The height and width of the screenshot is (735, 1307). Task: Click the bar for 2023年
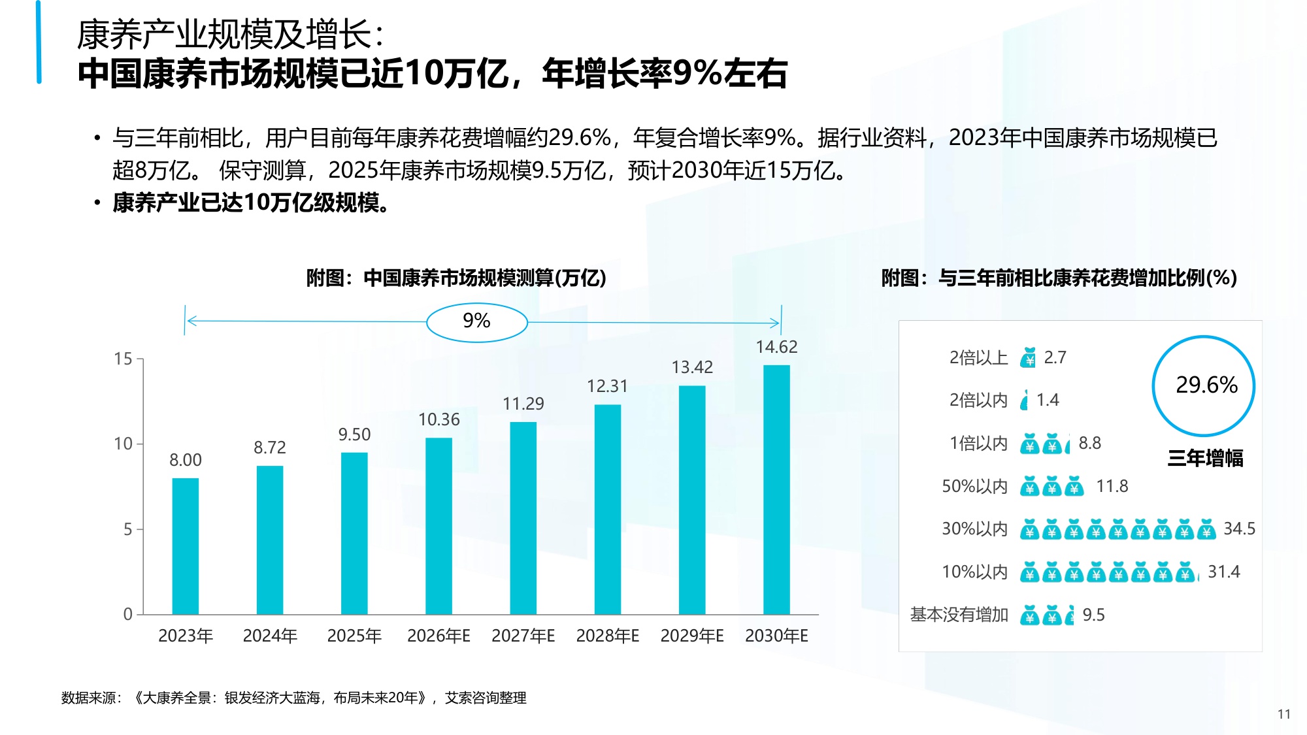[186, 546]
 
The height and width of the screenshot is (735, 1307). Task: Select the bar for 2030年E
[776, 490]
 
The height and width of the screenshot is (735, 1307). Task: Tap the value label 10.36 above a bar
[439, 419]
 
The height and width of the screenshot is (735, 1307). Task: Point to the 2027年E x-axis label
[523, 636]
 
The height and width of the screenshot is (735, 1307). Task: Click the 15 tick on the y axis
[123, 359]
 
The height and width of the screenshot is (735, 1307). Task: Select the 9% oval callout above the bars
[476, 321]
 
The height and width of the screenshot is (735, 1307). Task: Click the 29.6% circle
[1204, 385]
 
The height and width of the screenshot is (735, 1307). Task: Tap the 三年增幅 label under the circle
[1205, 458]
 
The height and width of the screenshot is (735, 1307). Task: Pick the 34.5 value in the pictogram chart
[1239, 529]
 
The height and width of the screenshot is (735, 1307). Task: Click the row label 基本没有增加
[959, 615]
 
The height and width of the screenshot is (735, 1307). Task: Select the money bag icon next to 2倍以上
[1028, 357]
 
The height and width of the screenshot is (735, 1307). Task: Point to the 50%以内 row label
[974, 486]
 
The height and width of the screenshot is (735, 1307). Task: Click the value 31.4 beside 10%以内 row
[1223, 572]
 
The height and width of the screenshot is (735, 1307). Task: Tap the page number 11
[1283, 714]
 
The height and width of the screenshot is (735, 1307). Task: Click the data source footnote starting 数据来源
[293, 698]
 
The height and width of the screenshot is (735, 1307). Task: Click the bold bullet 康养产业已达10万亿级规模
[251, 203]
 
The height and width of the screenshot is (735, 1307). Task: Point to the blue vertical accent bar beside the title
[39, 42]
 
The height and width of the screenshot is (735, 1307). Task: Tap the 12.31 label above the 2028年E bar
[607, 386]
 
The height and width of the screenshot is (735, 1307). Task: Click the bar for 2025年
[354, 532]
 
